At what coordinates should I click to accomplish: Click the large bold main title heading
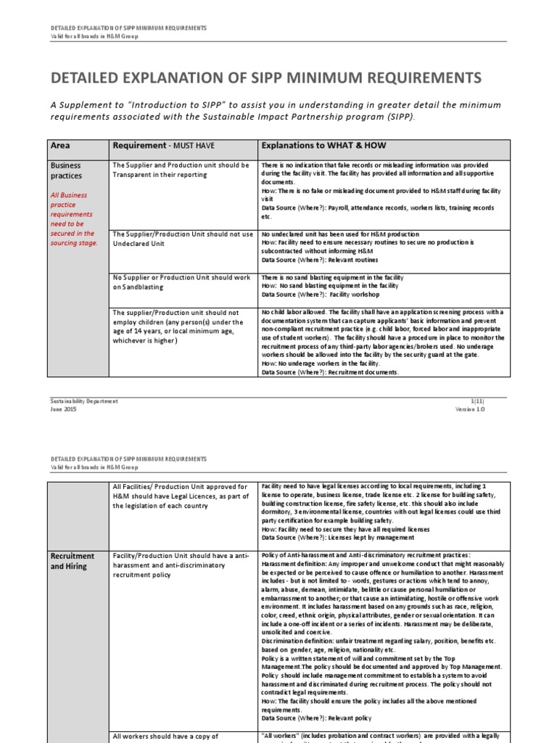click(x=265, y=78)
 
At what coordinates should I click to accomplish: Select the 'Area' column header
click(x=61, y=145)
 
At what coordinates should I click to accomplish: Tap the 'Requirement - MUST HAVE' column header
click(x=164, y=145)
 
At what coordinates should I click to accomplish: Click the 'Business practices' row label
click(x=66, y=171)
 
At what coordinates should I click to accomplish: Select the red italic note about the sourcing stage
click(x=73, y=219)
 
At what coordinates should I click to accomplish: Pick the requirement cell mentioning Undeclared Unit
click(x=182, y=239)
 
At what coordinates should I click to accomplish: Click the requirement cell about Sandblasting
click(x=181, y=282)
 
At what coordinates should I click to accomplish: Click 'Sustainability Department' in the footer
click(x=83, y=401)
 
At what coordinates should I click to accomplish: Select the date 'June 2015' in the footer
click(x=64, y=409)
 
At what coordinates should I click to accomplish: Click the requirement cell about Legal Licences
click(x=181, y=496)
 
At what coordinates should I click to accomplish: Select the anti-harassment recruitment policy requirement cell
click(x=181, y=565)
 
